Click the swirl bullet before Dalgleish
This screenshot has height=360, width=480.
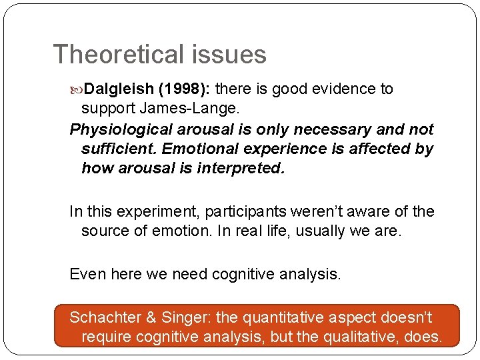(77, 89)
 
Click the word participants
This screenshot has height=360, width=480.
(245, 212)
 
